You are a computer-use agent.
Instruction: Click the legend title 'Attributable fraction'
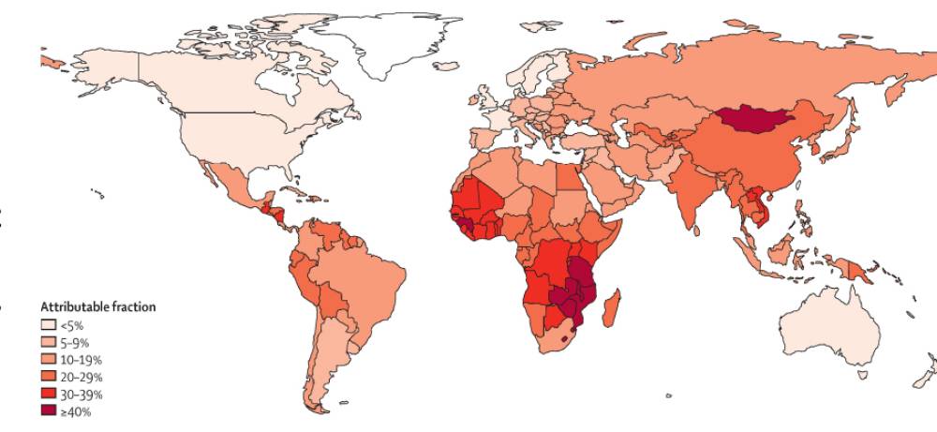point(97,306)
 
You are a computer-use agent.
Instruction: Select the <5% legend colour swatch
point(49,325)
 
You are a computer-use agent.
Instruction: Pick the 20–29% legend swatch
point(49,377)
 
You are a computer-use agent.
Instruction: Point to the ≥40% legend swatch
point(49,410)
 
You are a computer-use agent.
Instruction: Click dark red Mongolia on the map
point(755,119)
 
